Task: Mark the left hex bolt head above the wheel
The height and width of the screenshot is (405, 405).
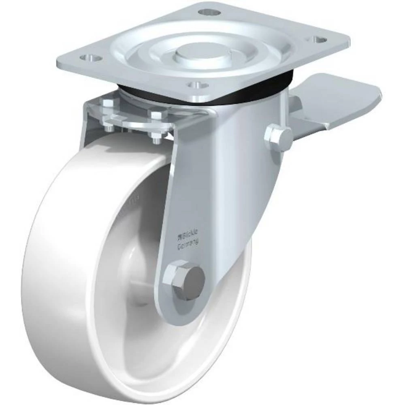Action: point(107,104)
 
